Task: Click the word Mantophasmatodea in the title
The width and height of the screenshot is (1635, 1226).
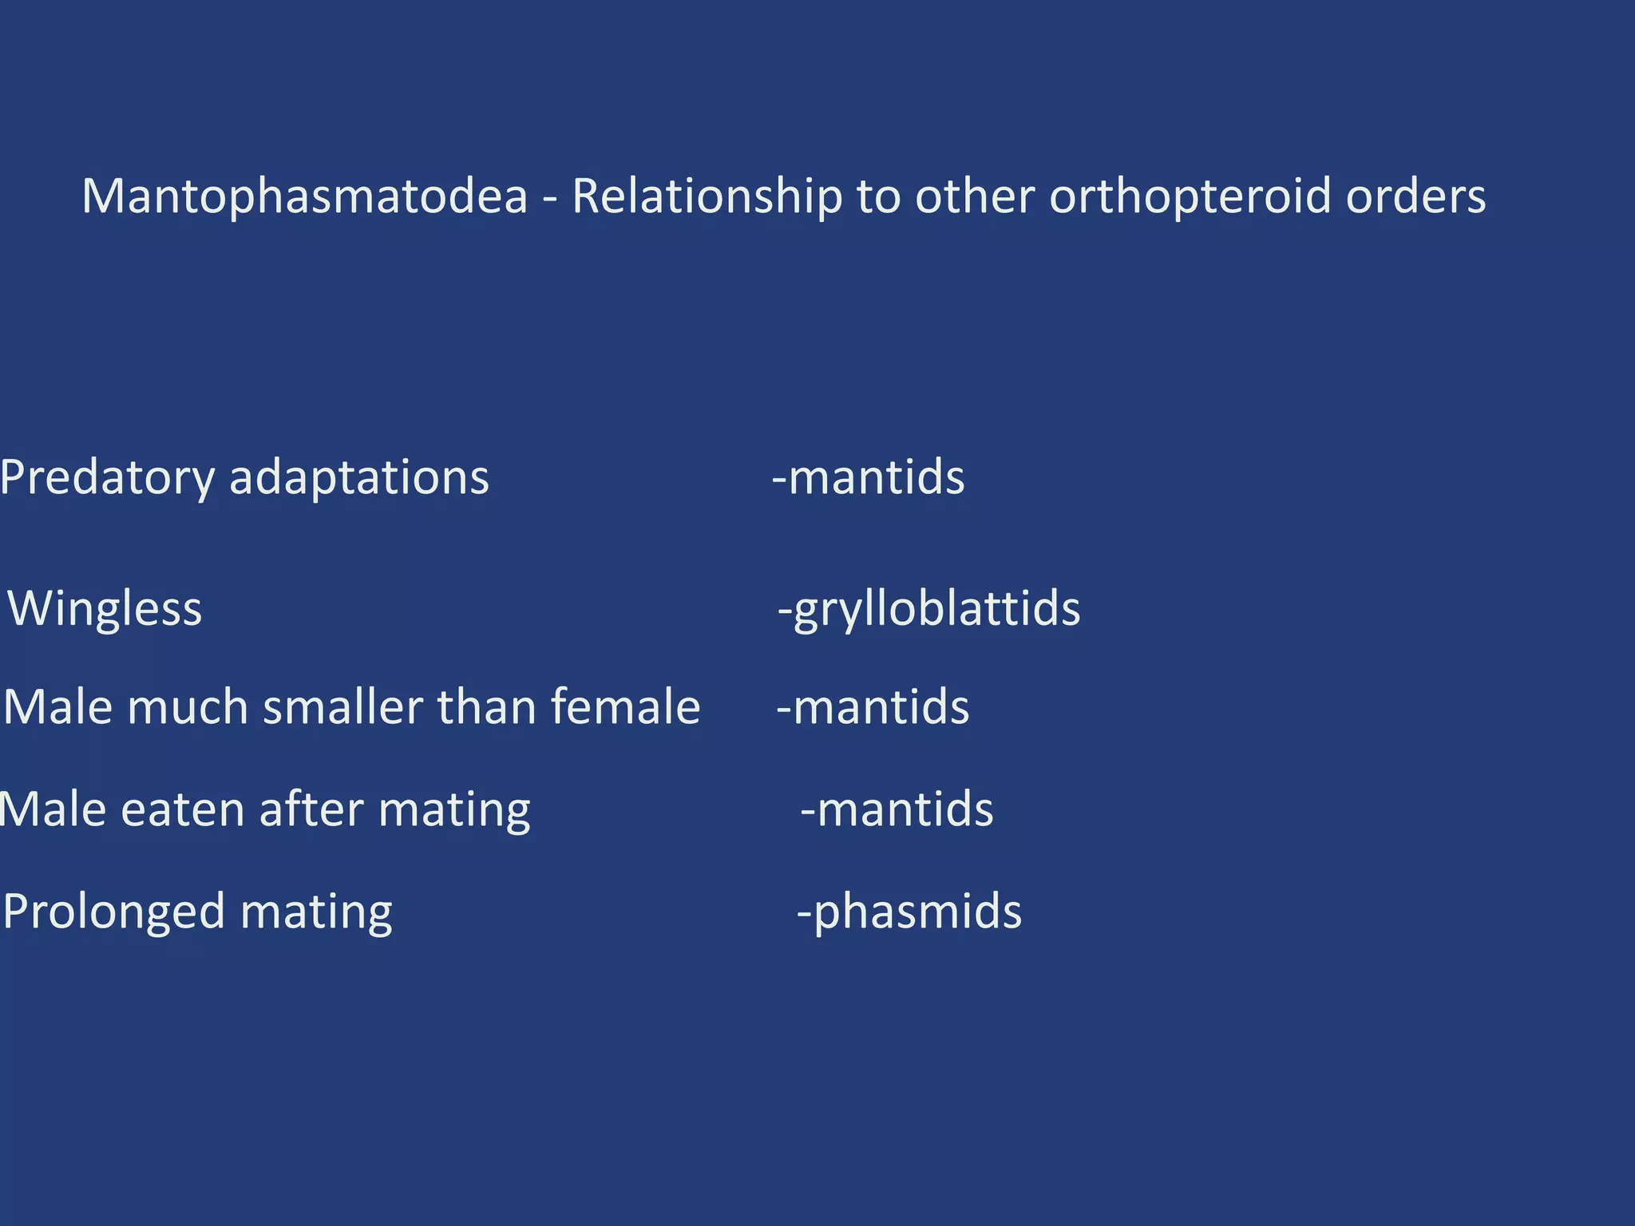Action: [305, 196]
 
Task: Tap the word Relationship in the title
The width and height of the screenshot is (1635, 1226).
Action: [707, 196]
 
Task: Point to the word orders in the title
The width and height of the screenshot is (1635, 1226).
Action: [1415, 196]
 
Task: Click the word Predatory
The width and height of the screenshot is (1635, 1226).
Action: [107, 478]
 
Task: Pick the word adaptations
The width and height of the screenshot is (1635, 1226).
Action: [358, 478]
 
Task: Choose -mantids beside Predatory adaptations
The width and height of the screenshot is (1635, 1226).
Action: [868, 478]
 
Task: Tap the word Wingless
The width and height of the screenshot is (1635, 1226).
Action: [105, 609]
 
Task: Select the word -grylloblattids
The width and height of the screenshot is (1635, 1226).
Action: [929, 609]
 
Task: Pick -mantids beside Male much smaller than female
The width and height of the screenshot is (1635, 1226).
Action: [873, 707]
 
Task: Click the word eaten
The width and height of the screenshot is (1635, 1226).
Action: [182, 809]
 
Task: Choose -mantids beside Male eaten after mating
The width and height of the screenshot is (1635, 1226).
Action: [897, 809]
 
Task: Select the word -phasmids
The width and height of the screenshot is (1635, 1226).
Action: [909, 912]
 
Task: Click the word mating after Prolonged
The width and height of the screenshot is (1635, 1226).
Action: [316, 912]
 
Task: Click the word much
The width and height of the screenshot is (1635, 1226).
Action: [188, 707]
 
